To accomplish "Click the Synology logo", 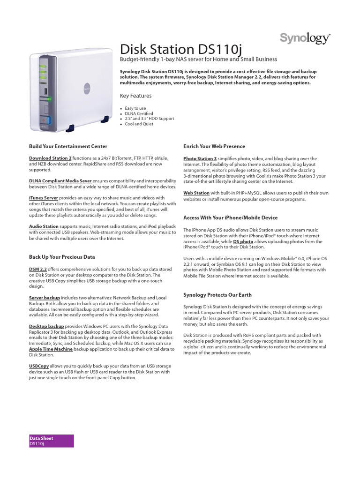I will coord(305,38).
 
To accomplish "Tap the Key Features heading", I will coord(136,96).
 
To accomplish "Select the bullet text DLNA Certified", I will coord(139,113).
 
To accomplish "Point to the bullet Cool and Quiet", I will coord(140,124).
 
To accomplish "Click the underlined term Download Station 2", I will coord(50,159).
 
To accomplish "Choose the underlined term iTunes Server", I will coord(44,198).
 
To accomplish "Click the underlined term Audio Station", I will coord(44,226).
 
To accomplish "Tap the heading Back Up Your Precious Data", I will coord(62,257).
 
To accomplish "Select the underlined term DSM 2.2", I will coord(38,270).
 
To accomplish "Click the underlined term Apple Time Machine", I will coord(51,349).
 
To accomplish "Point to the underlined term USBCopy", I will coord(39,367).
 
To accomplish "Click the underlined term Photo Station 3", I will coord(200,159).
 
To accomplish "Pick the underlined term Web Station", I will coord(196,193).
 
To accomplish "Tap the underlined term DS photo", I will coord(243,242).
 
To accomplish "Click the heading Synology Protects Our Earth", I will coord(217,295).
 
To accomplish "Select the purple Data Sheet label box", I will coord(51,441).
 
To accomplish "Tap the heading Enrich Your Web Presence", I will coord(214,146).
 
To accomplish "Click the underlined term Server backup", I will coord(45,298).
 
